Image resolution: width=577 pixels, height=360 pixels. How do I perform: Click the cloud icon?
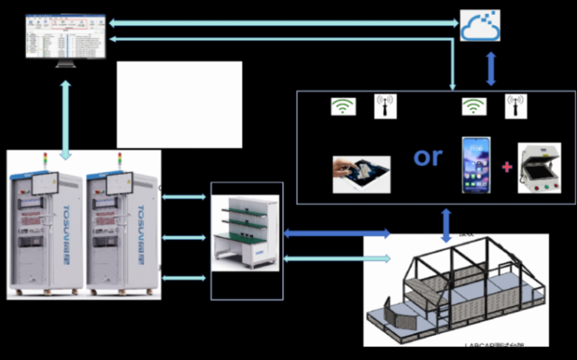click(480, 25)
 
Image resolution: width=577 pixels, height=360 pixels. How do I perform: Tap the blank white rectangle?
click(180, 105)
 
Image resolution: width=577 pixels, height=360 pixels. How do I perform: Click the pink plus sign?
click(507, 167)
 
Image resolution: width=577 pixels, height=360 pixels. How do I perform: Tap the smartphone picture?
click(476, 165)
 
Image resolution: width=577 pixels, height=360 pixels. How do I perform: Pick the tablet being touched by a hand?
click(361, 174)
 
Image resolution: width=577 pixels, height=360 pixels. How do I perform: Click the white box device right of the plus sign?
click(539, 168)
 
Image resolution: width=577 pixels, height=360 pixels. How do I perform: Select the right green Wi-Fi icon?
click(472, 106)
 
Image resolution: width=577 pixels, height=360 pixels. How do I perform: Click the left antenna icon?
click(385, 106)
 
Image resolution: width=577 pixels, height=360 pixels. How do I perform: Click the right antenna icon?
click(516, 106)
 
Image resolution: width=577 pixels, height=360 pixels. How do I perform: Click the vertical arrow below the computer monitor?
click(66, 118)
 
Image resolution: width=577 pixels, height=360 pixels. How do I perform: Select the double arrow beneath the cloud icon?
click(491, 69)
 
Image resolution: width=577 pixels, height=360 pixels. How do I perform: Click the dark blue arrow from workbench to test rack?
click(337, 234)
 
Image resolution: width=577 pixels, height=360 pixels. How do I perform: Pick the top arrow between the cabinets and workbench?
click(183, 198)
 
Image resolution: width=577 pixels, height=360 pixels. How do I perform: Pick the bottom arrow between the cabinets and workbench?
click(183, 278)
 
